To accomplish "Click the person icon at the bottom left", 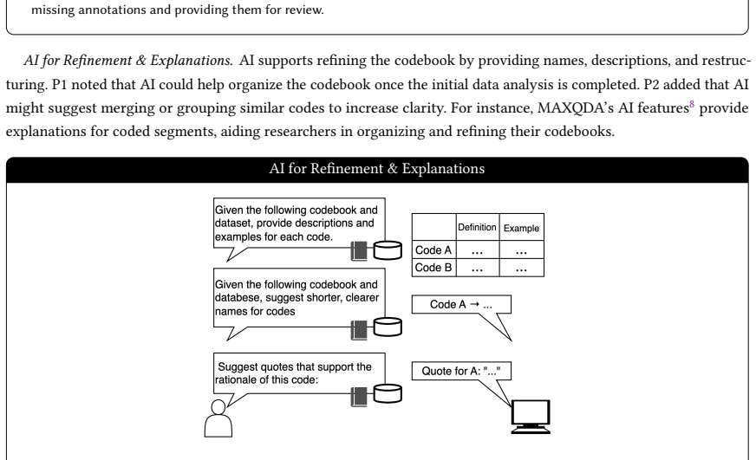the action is [x=218, y=418].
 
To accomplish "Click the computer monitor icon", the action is [x=531, y=417].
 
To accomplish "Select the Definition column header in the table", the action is [x=478, y=227].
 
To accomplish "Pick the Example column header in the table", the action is [x=521, y=228].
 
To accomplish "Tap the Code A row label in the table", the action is [x=433, y=250].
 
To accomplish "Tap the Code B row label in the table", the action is [x=433, y=268].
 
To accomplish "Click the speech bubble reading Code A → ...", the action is [x=461, y=304].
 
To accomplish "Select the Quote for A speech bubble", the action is [x=461, y=371].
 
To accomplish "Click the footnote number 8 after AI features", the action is [x=692, y=105].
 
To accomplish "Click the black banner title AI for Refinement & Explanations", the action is [x=377, y=169].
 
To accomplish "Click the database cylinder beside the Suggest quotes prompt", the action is [x=388, y=393].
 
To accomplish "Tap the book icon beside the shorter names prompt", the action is [x=359, y=330].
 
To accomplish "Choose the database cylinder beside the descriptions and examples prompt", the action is [x=388, y=250].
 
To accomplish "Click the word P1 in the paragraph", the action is [x=59, y=85].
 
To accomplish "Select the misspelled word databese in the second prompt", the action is [x=236, y=298].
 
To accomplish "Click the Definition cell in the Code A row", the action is [x=478, y=250].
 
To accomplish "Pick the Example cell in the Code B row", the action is [x=521, y=268].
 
